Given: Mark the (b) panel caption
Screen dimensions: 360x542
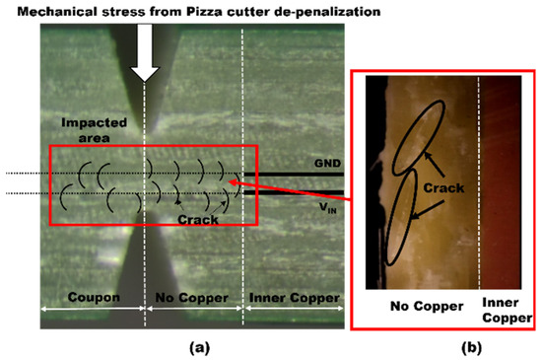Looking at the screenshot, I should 449,346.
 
